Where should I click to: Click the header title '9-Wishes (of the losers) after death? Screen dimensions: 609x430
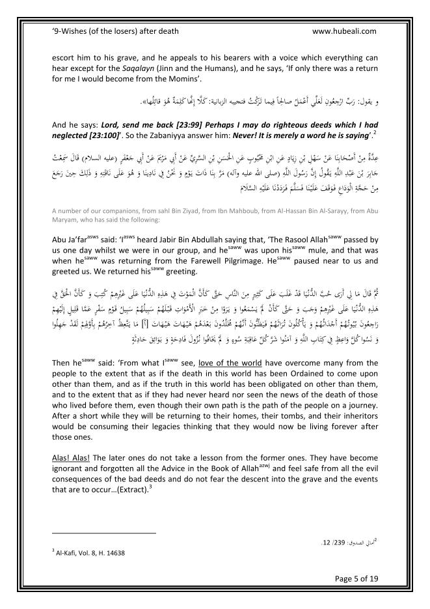coord(114,31)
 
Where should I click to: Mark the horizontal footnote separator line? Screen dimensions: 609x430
coord(103,533)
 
